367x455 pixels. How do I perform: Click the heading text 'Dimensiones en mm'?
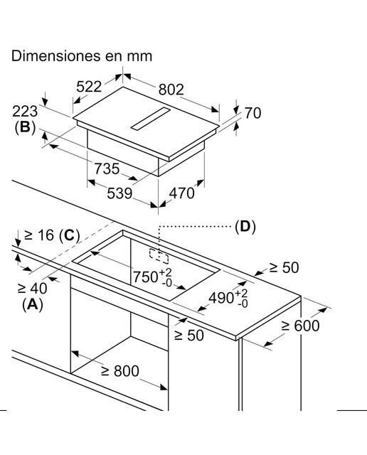[82, 55]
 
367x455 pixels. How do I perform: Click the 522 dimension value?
[89, 87]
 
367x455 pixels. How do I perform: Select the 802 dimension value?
[171, 90]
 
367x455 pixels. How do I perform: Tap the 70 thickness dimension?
[253, 113]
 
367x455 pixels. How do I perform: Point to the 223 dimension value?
[25, 111]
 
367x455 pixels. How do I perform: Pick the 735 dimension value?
[107, 168]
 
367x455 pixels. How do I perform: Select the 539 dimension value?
[119, 193]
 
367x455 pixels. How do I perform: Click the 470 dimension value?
[182, 193]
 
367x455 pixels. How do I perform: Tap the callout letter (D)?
[245, 227]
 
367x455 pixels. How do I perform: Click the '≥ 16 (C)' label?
[52, 235]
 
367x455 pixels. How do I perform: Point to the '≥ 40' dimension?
[32, 288]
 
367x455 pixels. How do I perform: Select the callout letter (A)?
[33, 305]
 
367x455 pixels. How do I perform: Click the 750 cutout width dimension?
[152, 277]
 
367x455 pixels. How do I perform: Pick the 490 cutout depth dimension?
[228, 297]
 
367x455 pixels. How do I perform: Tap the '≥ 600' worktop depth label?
[301, 326]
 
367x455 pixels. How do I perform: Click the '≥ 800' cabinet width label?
[120, 371]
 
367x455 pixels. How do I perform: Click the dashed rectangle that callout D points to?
[159, 256]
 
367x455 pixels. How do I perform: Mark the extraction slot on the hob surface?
[150, 118]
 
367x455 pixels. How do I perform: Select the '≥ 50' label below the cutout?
[189, 336]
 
